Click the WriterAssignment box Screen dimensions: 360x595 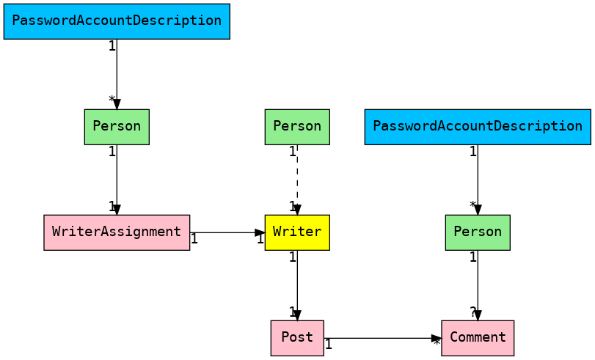117,232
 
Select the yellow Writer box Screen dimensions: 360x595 297,232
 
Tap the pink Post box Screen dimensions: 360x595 297,338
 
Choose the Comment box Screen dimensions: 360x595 478,338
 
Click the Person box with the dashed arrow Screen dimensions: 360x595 297,127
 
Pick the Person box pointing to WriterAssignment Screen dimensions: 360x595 117,127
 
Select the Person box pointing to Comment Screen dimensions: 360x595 478,232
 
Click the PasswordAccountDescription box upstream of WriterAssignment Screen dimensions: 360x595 117,21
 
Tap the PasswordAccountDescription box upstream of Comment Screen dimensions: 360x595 478,127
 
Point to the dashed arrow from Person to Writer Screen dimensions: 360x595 297,180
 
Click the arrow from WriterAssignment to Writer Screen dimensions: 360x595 227,232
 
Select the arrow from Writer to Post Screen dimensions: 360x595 297,285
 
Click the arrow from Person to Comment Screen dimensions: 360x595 478,285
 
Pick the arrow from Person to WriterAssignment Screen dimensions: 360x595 117,180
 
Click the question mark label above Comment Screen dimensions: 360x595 473,312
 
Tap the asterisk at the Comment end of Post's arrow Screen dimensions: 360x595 437,343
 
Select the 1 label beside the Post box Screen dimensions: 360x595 329,344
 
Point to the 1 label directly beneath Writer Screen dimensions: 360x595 292,257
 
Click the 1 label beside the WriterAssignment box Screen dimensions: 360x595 194,238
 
